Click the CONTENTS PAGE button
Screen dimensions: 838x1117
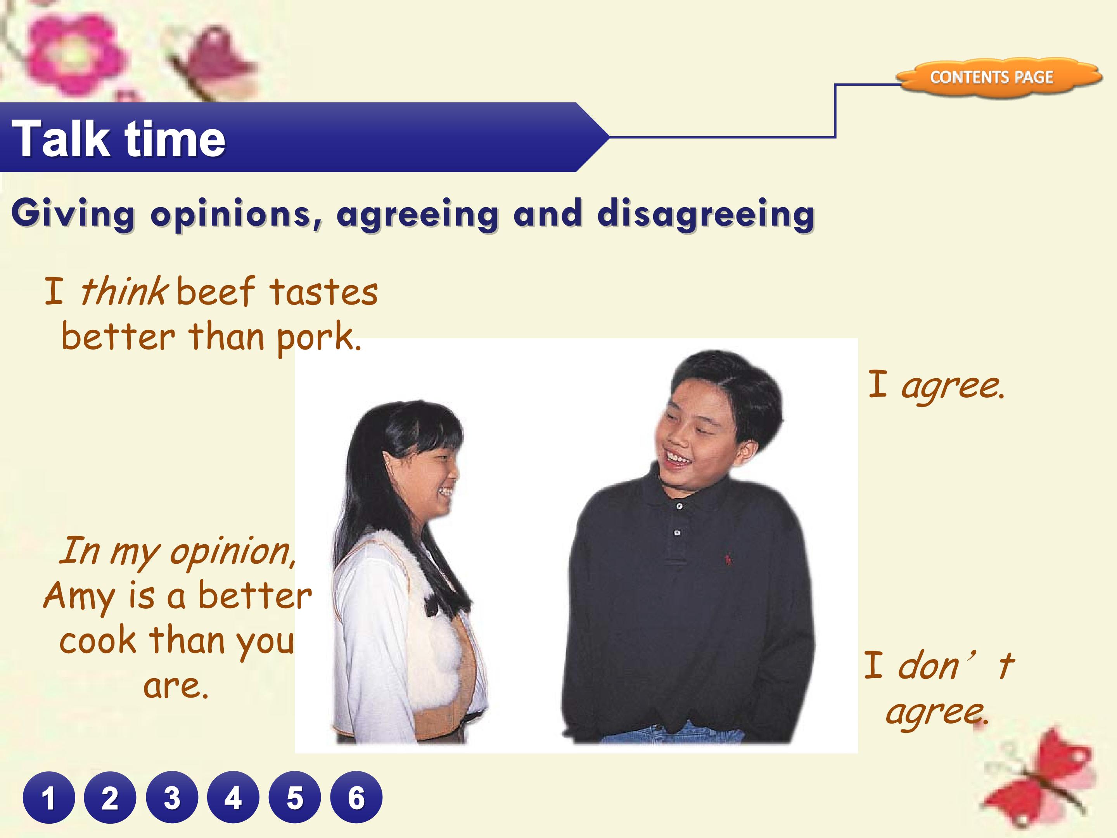click(x=992, y=77)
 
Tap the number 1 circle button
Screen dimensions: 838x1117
click(x=48, y=798)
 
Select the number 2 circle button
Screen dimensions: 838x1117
click(x=110, y=798)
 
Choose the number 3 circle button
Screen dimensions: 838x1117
click(x=172, y=798)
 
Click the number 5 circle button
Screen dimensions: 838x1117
click(x=295, y=798)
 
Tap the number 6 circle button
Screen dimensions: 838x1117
click(x=356, y=798)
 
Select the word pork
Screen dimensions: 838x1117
click(x=318, y=338)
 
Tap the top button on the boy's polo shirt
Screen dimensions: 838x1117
click(x=680, y=506)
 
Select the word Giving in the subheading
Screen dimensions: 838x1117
click(x=73, y=214)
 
